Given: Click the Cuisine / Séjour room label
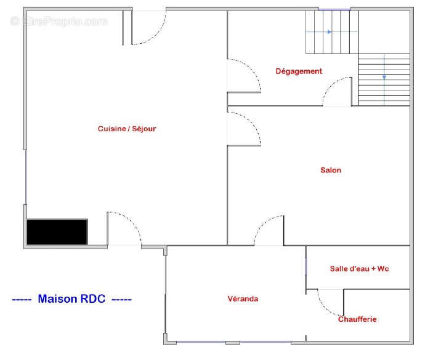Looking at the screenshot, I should coord(127,129).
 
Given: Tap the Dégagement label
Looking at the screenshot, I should coord(299,71).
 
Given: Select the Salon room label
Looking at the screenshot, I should coord(331,170).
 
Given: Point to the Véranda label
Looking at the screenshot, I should coord(243,299).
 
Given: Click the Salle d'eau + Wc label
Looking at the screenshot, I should coord(359,268).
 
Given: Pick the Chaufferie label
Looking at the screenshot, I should coord(357,319).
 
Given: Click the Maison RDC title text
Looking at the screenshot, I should coord(71,299).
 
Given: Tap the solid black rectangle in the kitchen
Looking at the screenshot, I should coord(57,232).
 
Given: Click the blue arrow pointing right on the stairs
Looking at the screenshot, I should coord(330,31).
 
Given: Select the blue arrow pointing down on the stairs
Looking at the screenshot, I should coord(384,77).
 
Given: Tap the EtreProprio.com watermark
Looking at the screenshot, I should coord(59,22).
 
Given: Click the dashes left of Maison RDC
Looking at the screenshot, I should coord(22,300).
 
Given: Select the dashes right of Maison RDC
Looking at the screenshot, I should coord(122,300).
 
